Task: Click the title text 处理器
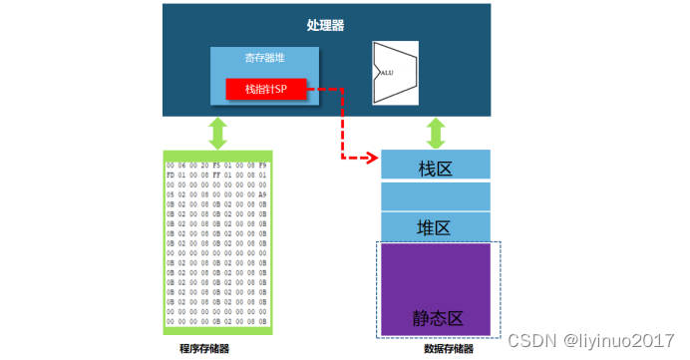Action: tap(325, 25)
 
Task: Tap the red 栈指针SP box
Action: tap(265, 90)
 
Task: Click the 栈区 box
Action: tap(435, 166)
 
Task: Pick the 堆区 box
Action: tap(435, 227)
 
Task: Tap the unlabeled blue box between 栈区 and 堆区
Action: tap(435, 195)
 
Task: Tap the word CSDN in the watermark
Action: tap(529, 340)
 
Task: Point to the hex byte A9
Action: tap(261, 192)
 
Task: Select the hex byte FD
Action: tap(172, 173)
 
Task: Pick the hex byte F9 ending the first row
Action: tap(261, 164)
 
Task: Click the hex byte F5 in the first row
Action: tap(216, 164)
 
